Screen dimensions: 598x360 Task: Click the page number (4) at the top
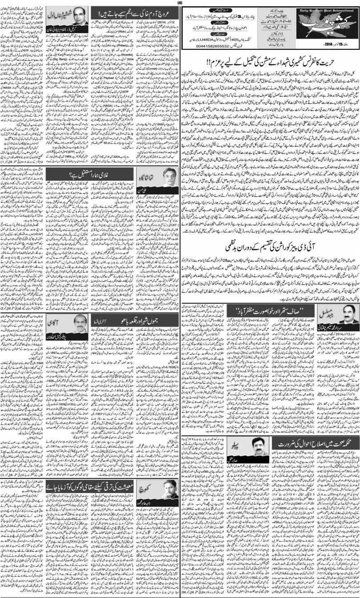[x=180, y=2]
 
